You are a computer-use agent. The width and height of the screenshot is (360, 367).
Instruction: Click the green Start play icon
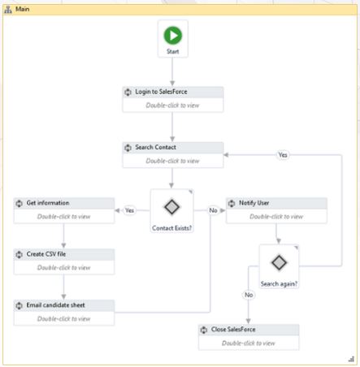click(x=172, y=36)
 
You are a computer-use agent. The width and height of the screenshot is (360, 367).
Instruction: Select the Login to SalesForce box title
click(x=161, y=92)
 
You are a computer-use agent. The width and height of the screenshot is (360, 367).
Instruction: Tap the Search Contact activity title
click(x=155, y=147)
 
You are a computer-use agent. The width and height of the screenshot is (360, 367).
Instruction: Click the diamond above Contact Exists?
click(x=171, y=207)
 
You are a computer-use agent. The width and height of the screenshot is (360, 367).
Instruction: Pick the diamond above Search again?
click(x=279, y=262)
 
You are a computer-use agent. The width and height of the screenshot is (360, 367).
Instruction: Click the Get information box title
click(x=48, y=203)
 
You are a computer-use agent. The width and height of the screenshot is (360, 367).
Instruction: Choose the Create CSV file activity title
click(x=46, y=254)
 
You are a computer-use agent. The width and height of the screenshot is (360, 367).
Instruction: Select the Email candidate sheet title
click(x=55, y=305)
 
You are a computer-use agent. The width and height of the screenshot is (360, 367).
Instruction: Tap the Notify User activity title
click(x=254, y=203)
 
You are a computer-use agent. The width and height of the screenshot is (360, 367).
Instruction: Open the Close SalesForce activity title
click(x=233, y=330)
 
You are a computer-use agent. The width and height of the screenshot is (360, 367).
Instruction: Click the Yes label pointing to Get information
click(x=129, y=210)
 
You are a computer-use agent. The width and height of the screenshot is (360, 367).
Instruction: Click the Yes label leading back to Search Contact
click(x=283, y=155)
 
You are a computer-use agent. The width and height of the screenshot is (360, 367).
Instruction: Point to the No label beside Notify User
click(x=213, y=210)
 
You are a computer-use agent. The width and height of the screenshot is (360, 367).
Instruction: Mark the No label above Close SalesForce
click(x=249, y=295)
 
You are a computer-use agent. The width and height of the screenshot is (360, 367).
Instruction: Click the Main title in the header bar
click(x=22, y=9)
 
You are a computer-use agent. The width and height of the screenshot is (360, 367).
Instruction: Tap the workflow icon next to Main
click(x=8, y=10)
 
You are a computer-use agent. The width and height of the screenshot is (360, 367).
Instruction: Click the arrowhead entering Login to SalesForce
click(x=172, y=83)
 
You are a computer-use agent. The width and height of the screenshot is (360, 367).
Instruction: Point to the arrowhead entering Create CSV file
click(x=63, y=245)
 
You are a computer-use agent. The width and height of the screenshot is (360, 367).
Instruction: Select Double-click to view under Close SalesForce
click(x=249, y=343)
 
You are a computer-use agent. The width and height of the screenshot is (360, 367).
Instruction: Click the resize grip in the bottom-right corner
click(x=351, y=359)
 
